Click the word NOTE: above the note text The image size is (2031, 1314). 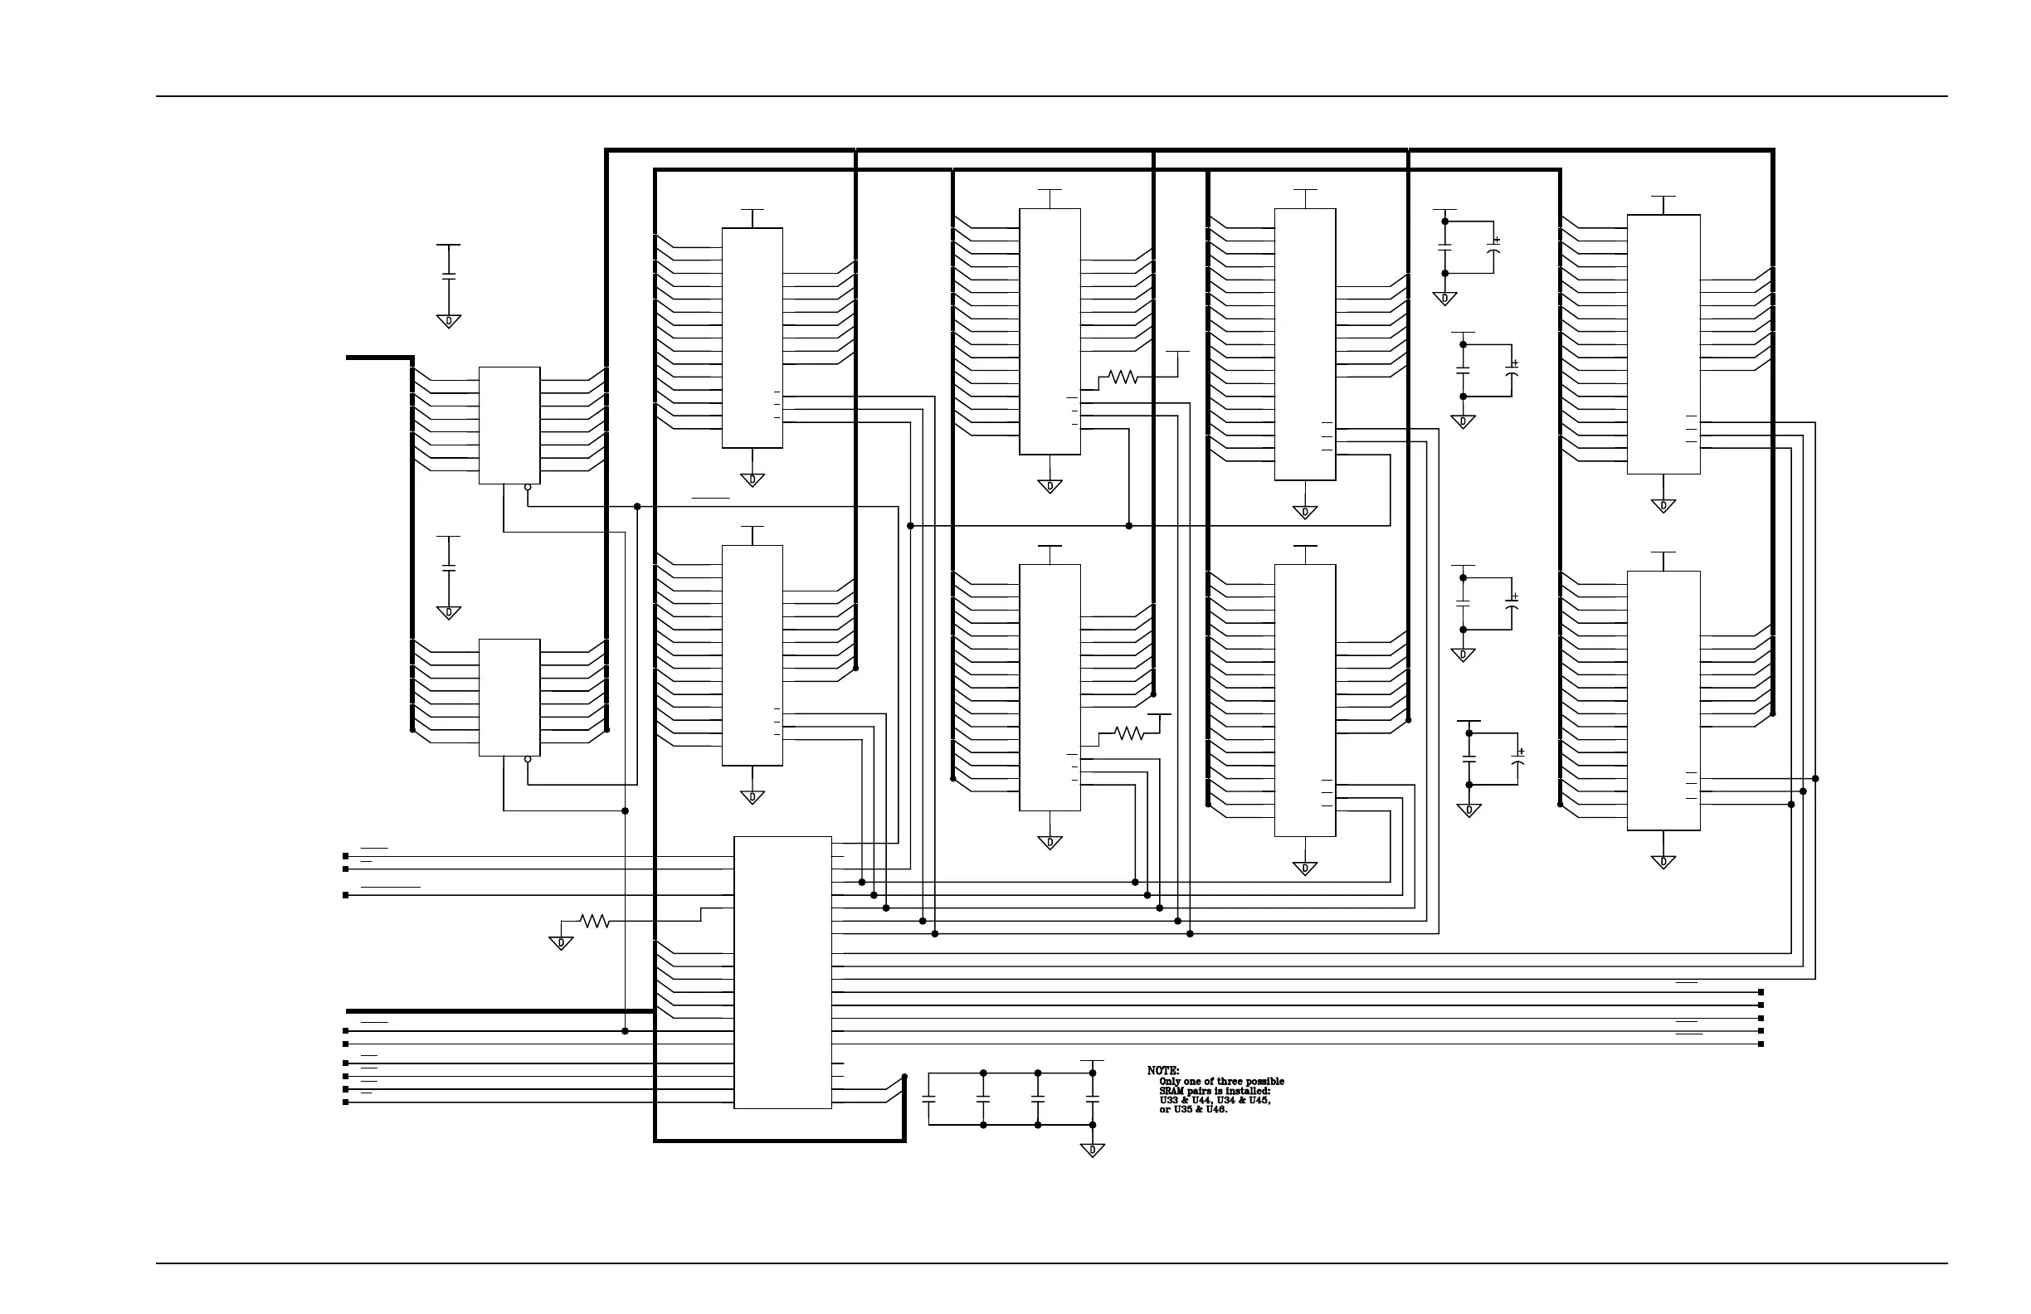coord(1162,1071)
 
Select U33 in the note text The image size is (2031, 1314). coord(1168,1101)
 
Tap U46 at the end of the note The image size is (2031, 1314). coord(1215,1110)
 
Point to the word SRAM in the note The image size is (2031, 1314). coord(1171,1092)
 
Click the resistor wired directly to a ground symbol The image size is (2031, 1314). coord(594,922)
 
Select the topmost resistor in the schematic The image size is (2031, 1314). coord(1123,377)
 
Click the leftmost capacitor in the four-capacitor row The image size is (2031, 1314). coord(929,1099)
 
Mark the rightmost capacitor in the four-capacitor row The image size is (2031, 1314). coord(1093,1099)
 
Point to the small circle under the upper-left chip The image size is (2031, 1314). coord(528,487)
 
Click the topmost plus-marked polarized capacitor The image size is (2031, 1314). coord(1493,247)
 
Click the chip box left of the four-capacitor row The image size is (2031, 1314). coord(782,972)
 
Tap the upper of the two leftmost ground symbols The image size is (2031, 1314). coord(449,321)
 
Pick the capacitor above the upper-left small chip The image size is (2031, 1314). coord(449,275)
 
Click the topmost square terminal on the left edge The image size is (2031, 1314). coord(346,856)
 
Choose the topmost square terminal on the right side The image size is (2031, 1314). coord(1761,992)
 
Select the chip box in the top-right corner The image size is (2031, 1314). coord(1663,344)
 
